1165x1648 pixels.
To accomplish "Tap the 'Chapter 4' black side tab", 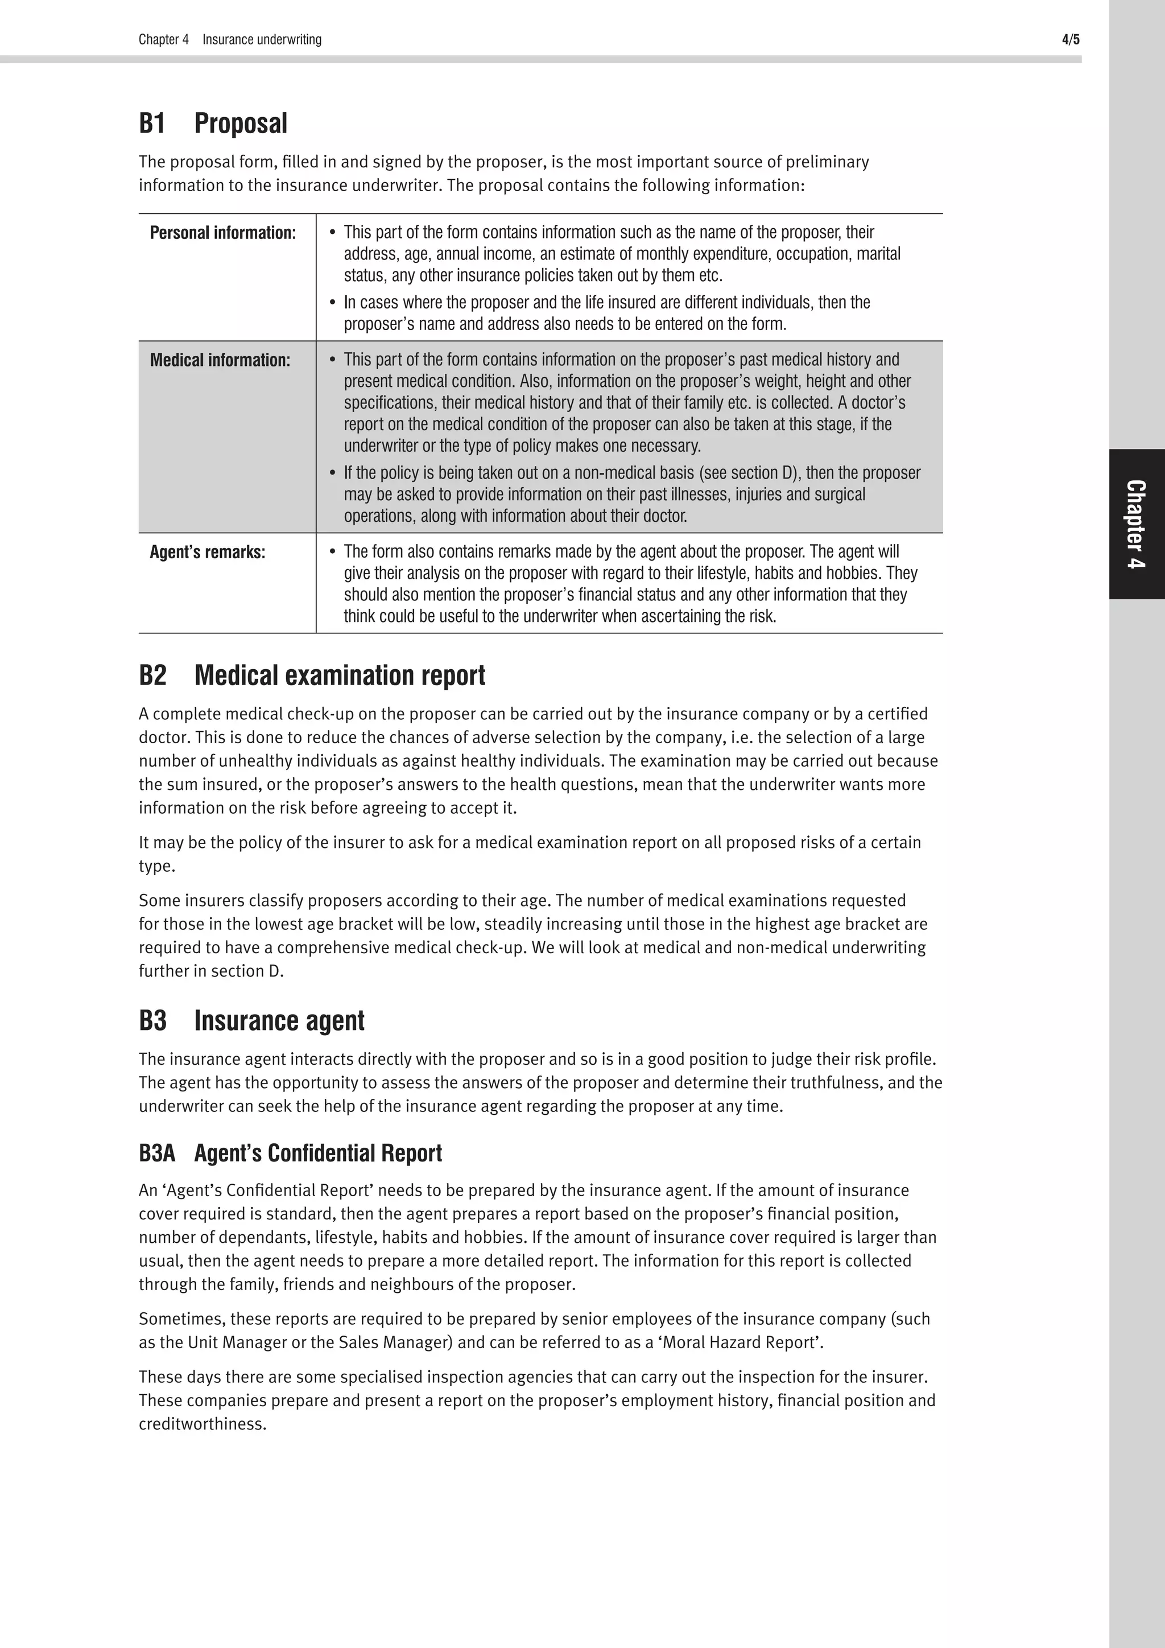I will [1137, 524].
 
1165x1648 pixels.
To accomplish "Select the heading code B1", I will [152, 123].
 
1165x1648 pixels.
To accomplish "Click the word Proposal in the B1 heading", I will [241, 123].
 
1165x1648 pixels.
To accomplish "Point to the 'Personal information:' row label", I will [222, 233].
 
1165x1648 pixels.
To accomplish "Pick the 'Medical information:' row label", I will [220, 360].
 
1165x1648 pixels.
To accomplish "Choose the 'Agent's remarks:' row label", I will [207, 553].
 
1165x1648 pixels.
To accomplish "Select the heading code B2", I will [152, 675].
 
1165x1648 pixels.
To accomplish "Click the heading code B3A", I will [156, 1153].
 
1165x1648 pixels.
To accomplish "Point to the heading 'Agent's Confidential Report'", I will [318, 1153].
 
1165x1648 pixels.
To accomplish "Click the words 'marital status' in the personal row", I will [878, 254].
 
